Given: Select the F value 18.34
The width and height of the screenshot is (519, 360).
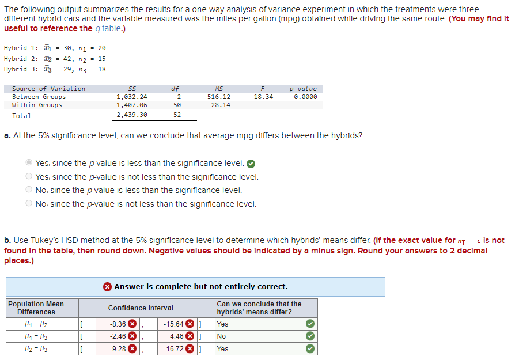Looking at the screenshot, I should [x=264, y=97].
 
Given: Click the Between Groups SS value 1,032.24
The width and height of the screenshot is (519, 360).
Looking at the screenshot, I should [x=131, y=97].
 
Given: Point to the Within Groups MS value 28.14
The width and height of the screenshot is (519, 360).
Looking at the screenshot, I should [x=221, y=105].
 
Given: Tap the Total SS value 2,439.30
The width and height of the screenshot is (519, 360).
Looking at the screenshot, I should [x=131, y=115].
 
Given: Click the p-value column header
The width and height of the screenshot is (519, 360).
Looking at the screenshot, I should [x=303, y=89].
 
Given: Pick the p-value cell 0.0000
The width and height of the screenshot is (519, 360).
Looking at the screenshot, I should [x=305, y=97].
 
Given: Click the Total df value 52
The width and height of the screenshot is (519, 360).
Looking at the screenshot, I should [x=177, y=115].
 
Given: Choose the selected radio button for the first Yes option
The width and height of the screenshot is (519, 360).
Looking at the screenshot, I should [x=29, y=163].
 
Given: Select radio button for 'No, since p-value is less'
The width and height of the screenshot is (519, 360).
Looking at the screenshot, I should [x=29, y=190].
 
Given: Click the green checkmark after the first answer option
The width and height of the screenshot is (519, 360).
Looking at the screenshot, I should [x=251, y=163].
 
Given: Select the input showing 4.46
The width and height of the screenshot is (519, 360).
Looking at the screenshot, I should [x=176, y=336].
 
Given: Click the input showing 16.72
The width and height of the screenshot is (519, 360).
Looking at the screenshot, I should [x=174, y=349].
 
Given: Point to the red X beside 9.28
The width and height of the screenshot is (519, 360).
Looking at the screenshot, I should [x=131, y=349].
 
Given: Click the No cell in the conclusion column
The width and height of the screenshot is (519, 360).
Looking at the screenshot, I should [x=222, y=336].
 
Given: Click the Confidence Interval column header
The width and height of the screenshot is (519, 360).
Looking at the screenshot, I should [x=141, y=308].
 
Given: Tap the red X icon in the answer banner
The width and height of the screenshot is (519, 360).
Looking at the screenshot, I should [x=107, y=286].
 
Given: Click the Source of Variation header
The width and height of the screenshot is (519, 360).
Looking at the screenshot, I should [x=48, y=89].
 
